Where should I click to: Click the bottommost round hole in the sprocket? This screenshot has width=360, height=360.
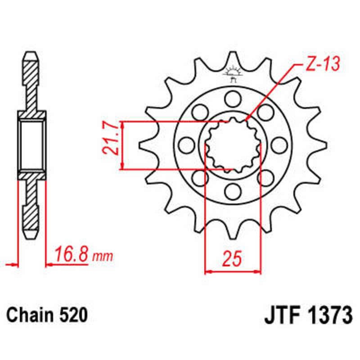pos(233,192)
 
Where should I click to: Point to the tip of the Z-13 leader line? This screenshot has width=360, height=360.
pos(247,120)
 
